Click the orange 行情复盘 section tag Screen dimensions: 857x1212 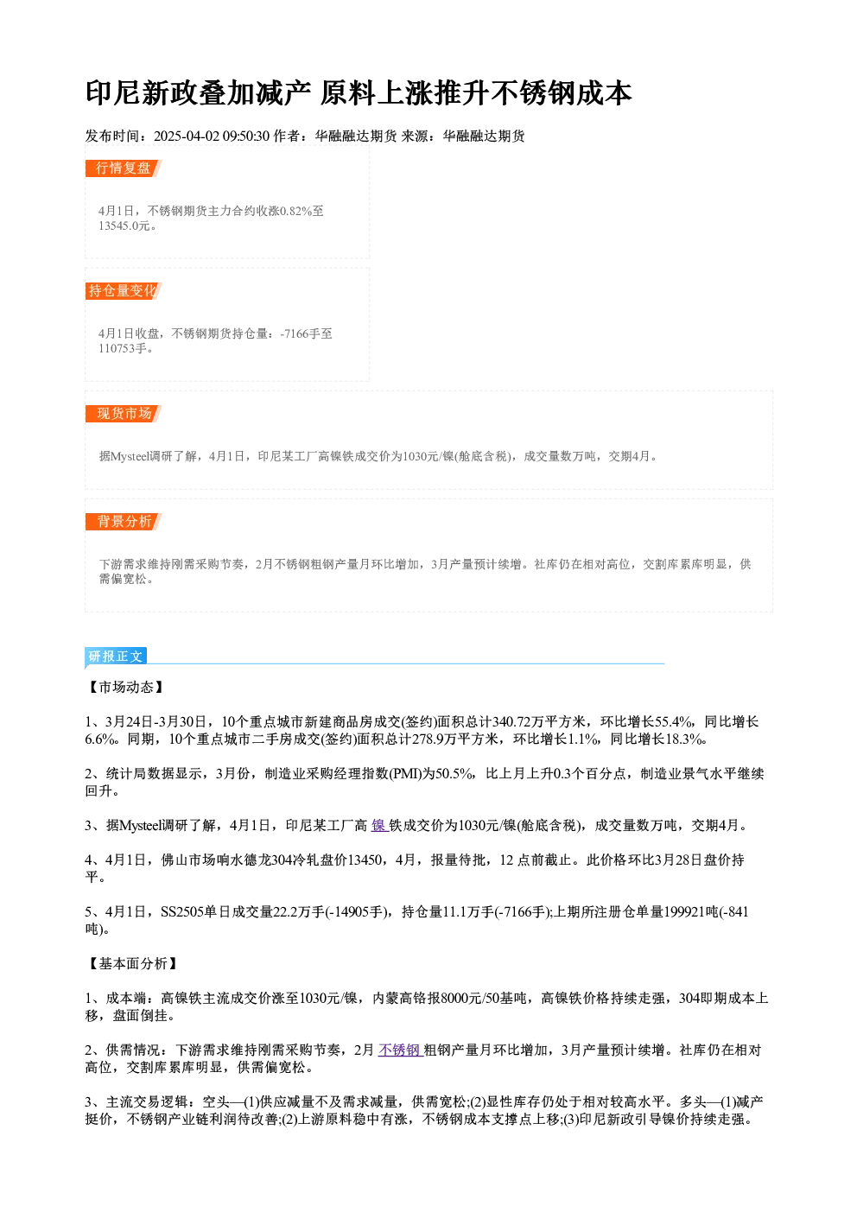pos(123,168)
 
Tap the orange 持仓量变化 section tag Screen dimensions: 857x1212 pos(123,291)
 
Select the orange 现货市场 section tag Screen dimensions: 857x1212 pos(123,414)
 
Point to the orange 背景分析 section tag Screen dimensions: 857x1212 pos(123,522)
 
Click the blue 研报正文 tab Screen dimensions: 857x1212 pos(116,657)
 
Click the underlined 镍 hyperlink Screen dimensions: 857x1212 pos(379,826)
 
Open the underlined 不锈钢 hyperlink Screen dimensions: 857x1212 pos(400,1050)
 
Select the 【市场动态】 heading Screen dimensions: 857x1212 pos(126,687)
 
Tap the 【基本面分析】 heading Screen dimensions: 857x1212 pos(132,964)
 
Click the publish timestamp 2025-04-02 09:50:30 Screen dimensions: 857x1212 pos(212,136)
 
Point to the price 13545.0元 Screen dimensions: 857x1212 pos(124,226)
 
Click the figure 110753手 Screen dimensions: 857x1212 pos(123,349)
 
